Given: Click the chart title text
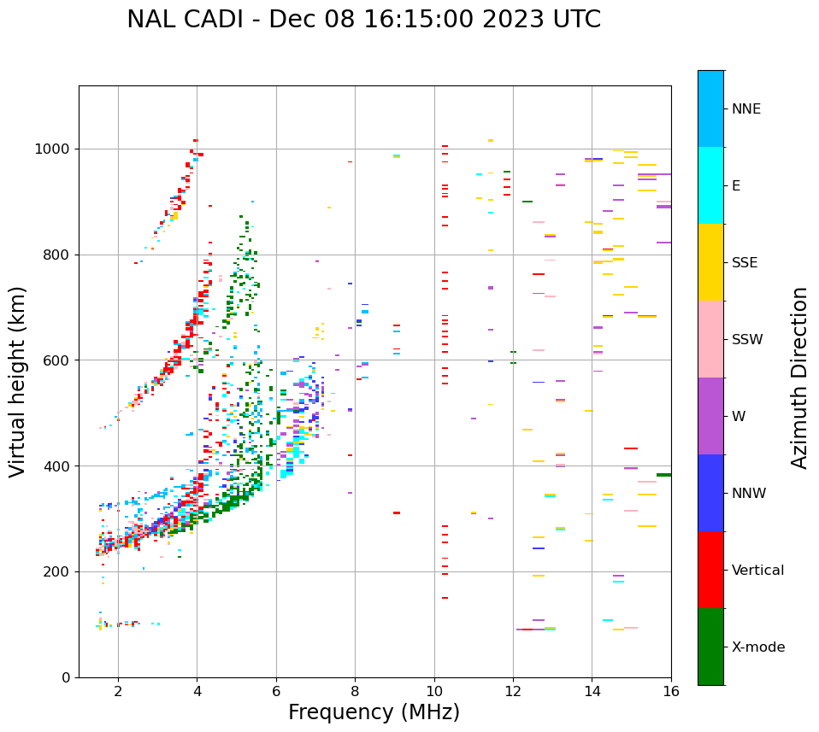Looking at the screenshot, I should click(x=363, y=20).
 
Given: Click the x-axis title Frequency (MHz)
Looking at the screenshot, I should click(x=374, y=712).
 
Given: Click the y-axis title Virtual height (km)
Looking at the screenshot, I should click(x=18, y=382).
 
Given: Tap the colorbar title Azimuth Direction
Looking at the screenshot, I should click(x=799, y=378).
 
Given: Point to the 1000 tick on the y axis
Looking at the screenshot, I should click(x=55, y=149).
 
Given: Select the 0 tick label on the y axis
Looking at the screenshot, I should click(x=66, y=677).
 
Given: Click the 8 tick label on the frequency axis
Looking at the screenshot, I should click(x=355, y=691).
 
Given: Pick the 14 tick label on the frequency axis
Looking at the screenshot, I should click(x=592, y=691).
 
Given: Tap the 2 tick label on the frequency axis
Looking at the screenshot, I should click(x=118, y=691).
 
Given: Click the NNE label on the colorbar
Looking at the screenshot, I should click(x=745, y=109).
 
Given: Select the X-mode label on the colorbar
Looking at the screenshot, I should click(x=757, y=647).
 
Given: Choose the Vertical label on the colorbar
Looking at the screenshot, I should click(x=757, y=571).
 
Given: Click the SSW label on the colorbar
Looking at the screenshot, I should click(x=747, y=340).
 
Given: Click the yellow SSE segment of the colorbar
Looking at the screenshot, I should click(x=710, y=262).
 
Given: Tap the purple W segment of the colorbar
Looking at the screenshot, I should click(x=710, y=416).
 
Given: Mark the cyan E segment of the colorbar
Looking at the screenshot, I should click(x=710, y=185).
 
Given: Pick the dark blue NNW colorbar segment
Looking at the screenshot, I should click(x=710, y=493).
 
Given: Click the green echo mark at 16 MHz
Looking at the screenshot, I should click(x=663, y=475).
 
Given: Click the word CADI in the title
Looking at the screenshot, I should click(x=217, y=20).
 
